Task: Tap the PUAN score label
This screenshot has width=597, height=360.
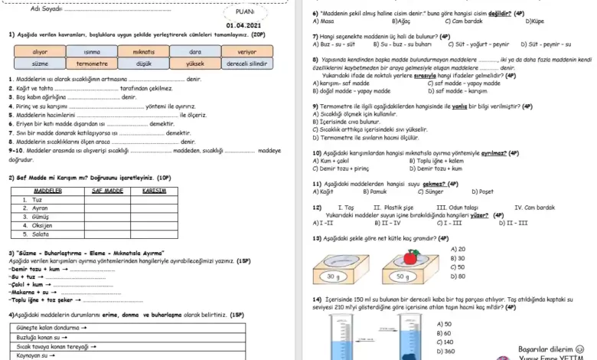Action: pos(245,12)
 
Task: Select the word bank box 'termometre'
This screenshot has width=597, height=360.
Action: pos(93,64)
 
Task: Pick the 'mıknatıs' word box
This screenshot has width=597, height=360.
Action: pos(145,51)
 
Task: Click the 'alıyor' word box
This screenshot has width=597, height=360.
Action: pos(40,51)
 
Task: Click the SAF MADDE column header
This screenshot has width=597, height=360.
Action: pos(107,190)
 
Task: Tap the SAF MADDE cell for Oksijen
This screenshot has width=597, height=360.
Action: pos(107,226)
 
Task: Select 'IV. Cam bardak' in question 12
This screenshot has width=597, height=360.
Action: pos(535,208)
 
